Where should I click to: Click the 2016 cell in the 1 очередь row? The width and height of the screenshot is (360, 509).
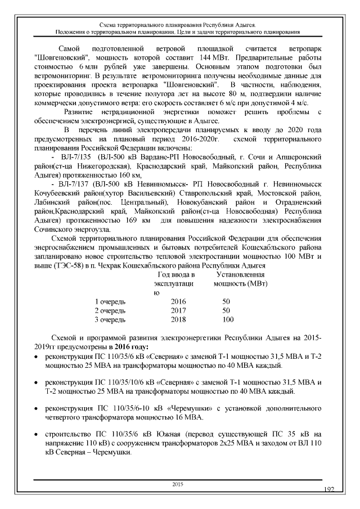(x=178, y=301)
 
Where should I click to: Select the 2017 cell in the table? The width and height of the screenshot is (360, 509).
(x=178, y=310)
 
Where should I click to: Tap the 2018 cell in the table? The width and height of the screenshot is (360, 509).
(x=178, y=319)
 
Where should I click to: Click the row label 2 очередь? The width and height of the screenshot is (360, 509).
(x=110, y=310)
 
